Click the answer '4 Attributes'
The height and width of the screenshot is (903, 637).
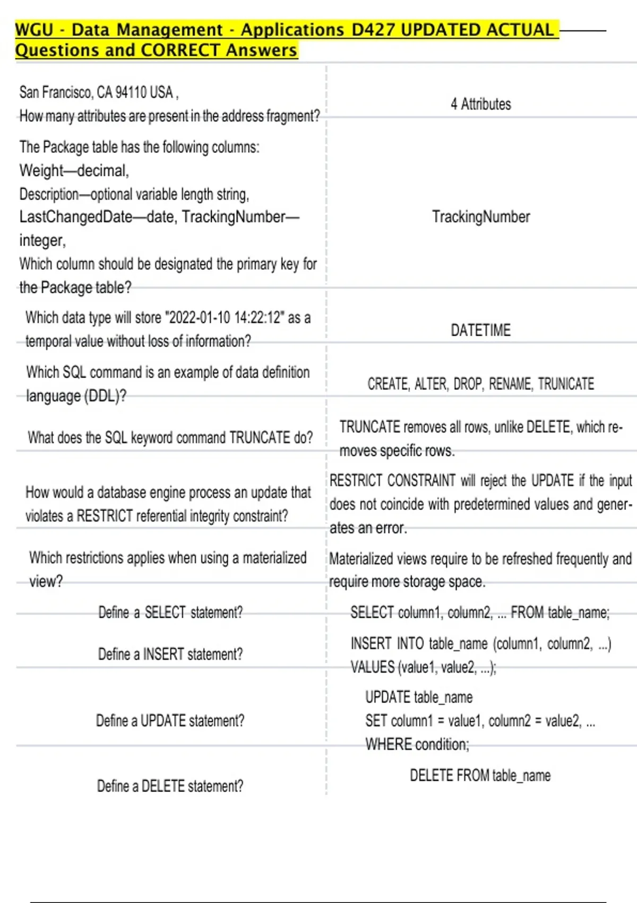pyautogui.click(x=480, y=104)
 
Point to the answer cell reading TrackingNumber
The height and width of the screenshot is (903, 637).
pyautogui.click(x=480, y=217)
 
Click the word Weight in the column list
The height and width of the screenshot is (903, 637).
pyautogui.click(x=41, y=171)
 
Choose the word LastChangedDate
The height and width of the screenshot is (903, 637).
pyautogui.click(x=76, y=217)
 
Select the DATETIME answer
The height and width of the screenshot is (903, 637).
pyautogui.click(x=480, y=330)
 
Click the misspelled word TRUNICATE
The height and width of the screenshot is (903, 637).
pyautogui.click(x=566, y=384)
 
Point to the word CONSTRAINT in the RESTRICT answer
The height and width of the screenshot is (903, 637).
pyautogui.click(x=421, y=481)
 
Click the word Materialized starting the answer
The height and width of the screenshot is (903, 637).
pyautogui.click(x=361, y=559)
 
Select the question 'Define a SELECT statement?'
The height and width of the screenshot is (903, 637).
pyautogui.click(x=170, y=612)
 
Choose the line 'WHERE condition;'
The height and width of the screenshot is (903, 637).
pyautogui.click(x=417, y=745)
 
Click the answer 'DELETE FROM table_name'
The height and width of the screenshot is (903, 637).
pyautogui.click(x=480, y=776)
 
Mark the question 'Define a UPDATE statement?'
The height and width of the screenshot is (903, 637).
pyautogui.click(x=170, y=721)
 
